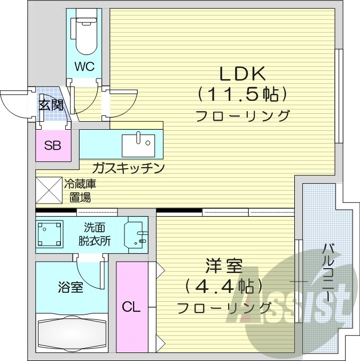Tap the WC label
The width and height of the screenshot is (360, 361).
pos(84,67)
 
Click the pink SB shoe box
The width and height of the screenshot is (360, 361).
pos(52,145)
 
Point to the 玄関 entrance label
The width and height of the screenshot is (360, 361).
pos(50,104)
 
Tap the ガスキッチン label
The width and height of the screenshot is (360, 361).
pos(128,168)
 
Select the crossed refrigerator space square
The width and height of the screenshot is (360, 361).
pos(49,190)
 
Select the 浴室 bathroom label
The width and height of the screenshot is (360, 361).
pos(70,287)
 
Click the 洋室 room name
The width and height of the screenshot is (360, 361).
pos(224,265)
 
